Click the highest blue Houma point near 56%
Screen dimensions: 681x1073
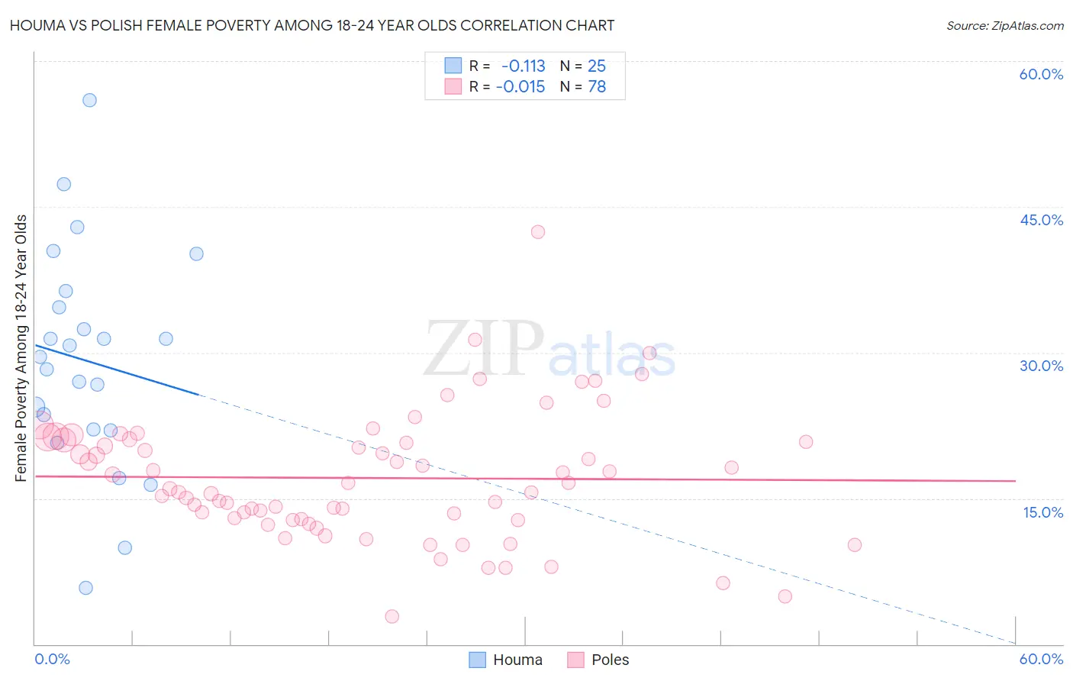click(89, 100)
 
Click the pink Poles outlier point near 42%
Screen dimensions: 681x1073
click(538, 232)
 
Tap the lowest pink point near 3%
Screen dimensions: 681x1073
click(392, 616)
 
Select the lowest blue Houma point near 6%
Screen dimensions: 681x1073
click(85, 588)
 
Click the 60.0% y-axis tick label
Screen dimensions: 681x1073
click(1041, 74)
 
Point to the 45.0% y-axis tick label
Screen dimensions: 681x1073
click(1041, 220)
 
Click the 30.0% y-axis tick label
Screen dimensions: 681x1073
click(1041, 366)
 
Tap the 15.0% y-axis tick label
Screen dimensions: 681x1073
click(1042, 512)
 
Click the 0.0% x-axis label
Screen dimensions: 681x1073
click(53, 659)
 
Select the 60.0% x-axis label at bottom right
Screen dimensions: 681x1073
click(1041, 659)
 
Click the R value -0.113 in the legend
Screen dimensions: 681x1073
click(523, 66)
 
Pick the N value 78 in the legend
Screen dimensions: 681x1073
click(597, 87)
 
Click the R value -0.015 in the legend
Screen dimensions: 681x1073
click(520, 87)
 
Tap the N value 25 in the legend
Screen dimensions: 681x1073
click(597, 66)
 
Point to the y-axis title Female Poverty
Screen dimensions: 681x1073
click(21, 348)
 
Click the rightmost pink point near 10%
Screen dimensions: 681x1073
click(855, 545)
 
